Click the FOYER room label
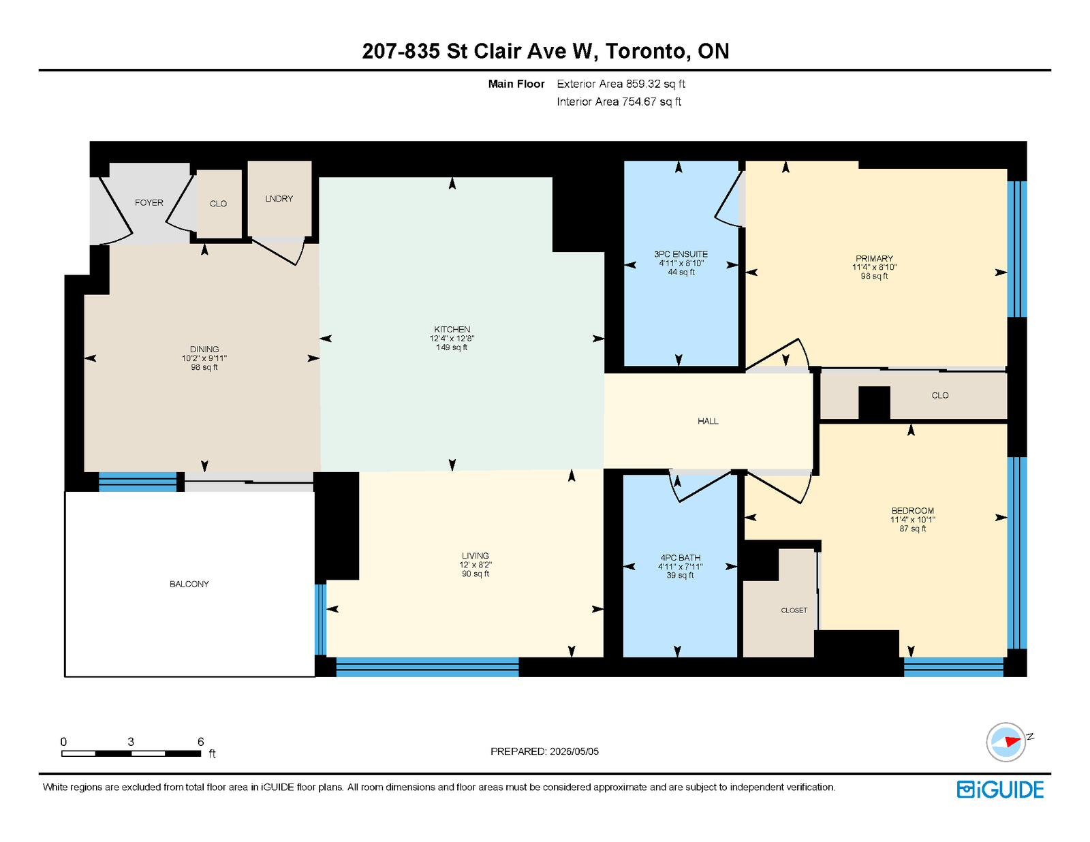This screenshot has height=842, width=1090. [149, 202]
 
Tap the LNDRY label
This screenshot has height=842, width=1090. [279, 199]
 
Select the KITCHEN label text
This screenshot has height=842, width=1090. [452, 330]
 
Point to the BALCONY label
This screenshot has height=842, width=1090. [189, 584]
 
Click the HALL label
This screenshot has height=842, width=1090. [708, 421]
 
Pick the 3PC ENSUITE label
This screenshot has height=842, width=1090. [681, 254]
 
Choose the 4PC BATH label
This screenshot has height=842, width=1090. [680, 558]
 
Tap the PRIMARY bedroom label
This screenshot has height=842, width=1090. [874, 259]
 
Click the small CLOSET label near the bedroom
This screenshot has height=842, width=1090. [794, 610]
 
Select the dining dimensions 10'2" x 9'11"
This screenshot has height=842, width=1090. [204, 358]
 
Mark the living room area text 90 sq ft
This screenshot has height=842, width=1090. [476, 574]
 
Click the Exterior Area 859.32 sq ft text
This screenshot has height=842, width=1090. [621, 84]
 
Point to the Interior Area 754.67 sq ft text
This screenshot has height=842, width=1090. [619, 102]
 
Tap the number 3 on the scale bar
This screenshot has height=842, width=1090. [130, 742]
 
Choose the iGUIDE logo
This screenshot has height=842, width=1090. [1000, 790]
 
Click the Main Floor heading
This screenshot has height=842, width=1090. [516, 84]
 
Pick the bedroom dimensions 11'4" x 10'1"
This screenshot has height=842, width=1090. [912, 520]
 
